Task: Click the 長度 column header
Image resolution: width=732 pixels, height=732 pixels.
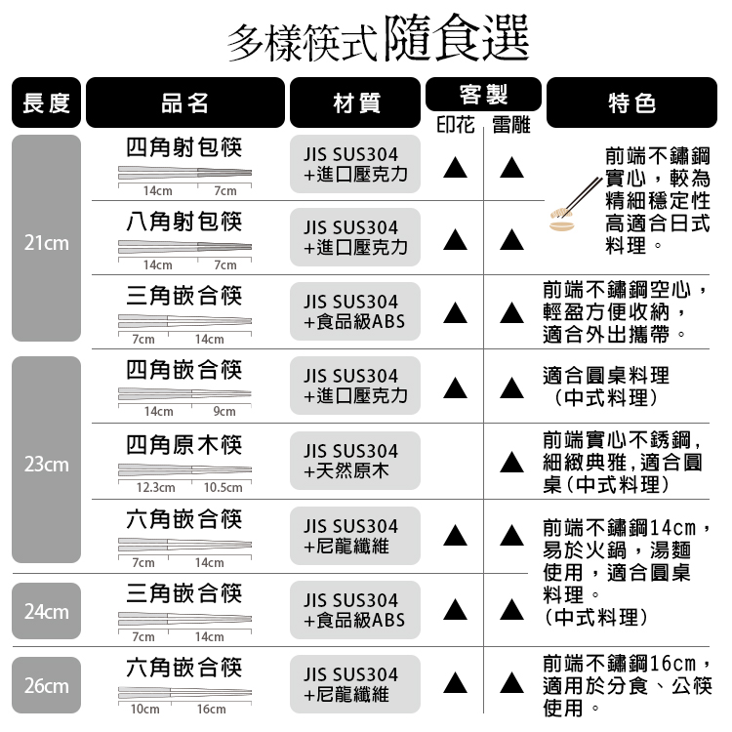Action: [x=46, y=102]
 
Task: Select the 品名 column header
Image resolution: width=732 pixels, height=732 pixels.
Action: [x=185, y=102]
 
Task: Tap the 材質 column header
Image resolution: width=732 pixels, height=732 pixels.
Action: [x=355, y=102]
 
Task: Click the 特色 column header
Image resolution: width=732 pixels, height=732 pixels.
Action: [x=631, y=102]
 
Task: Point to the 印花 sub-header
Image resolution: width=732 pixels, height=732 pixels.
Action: [x=456, y=125]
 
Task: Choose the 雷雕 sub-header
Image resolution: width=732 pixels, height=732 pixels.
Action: [x=511, y=125]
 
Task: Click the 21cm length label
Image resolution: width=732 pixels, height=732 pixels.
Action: [x=46, y=243]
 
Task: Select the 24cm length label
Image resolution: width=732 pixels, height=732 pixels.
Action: [x=46, y=612]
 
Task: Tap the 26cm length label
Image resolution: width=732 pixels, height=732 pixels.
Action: [x=46, y=686]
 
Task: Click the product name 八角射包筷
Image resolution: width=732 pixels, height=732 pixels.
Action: [x=184, y=222]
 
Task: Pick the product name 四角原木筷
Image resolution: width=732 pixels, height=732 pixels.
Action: [x=184, y=444]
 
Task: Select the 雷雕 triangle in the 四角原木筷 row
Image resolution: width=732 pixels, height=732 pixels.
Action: [x=511, y=463]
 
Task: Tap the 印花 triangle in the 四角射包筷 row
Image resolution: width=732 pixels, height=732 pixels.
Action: [x=456, y=167]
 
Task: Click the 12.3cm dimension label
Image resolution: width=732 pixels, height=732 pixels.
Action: [x=155, y=488]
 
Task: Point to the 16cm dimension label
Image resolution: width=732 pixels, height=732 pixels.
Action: [x=212, y=710]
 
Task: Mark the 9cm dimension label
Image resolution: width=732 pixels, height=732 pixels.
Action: [x=224, y=411]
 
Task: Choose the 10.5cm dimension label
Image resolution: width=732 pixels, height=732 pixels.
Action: [x=224, y=488]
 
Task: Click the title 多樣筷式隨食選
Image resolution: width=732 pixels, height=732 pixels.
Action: [x=379, y=38]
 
